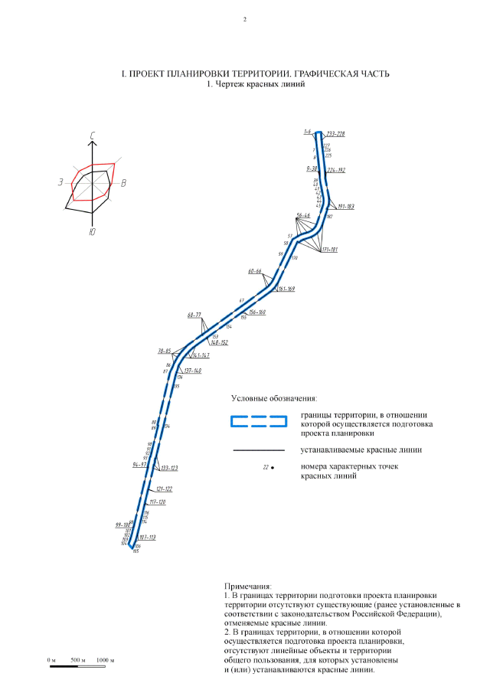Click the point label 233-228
click(335, 134)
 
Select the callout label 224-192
click(336, 170)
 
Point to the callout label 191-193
click(344, 207)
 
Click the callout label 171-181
click(330, 250)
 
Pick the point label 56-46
click(302, 215)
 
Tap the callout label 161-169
click(286, 289)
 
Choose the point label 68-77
click(194, 315)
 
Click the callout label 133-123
click(168, 468)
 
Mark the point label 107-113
click(148, 538)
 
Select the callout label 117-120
click(157, 502)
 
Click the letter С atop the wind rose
click(92, 136)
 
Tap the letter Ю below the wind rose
click(92, 231)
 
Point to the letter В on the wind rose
click(123, 183)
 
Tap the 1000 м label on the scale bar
click(106, 660)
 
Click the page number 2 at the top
click(245, 20)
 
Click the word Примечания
click(243, 586)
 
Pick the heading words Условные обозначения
click(273, 399)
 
